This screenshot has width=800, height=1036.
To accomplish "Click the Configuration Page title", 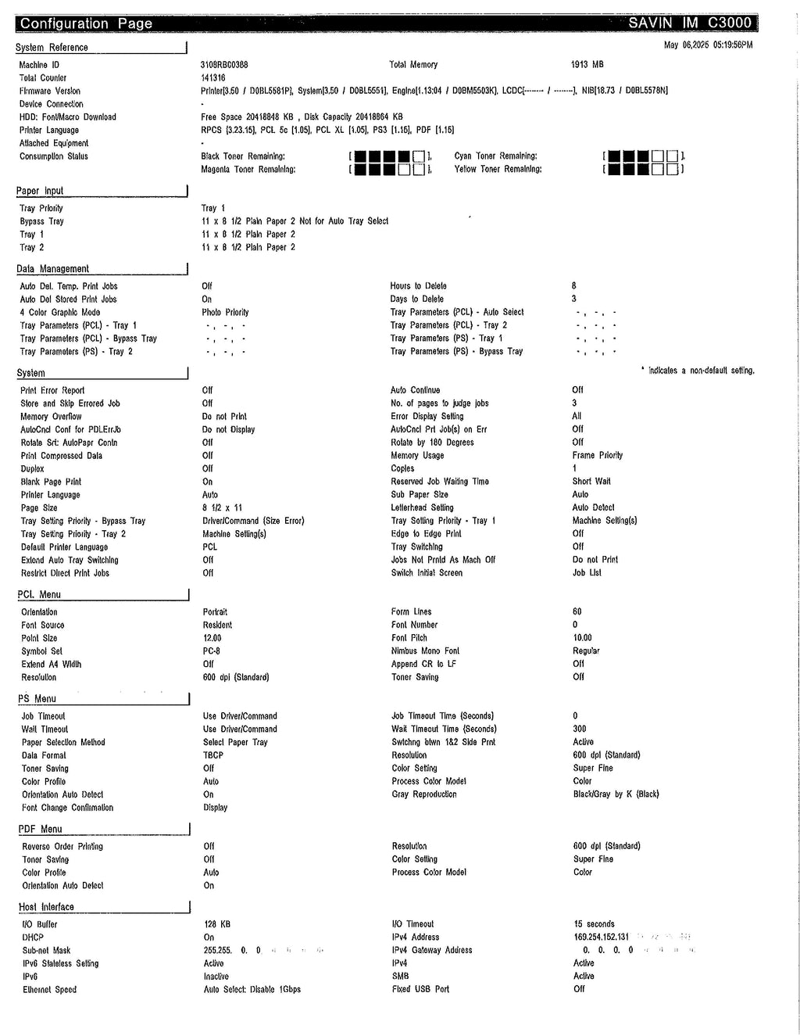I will click(86, 23).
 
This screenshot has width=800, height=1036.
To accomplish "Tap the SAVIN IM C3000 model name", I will click(690, 23).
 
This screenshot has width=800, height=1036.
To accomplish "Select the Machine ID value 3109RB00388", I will click(224, 65).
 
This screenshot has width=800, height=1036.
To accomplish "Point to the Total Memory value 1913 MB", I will click(587, 65).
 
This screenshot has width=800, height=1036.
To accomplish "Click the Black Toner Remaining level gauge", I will click(390, 156).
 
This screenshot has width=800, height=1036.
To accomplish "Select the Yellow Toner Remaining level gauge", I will click(644, 169).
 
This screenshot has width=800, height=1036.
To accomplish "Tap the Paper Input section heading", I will click(40, 191).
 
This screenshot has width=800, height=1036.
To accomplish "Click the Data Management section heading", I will click(53, 269).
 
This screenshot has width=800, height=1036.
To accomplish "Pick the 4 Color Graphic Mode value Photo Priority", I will click(225, 313).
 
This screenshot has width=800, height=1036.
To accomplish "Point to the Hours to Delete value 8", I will click(574, 286).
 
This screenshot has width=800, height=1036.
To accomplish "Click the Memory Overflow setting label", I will click(51, 417).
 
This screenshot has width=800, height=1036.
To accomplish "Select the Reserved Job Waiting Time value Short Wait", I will click(591, 482).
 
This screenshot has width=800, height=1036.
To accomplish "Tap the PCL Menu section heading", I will click(39, 595).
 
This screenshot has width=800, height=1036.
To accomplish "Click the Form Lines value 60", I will click(577, 612).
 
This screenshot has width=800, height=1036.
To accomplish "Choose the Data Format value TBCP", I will click(213, 755).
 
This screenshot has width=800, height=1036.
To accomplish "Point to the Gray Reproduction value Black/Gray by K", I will click(616, 794).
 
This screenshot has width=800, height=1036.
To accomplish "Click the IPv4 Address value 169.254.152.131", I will click(602, 937).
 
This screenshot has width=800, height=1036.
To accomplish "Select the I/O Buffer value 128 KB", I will click(217, 924).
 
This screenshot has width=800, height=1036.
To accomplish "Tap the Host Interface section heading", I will click(46, 907).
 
